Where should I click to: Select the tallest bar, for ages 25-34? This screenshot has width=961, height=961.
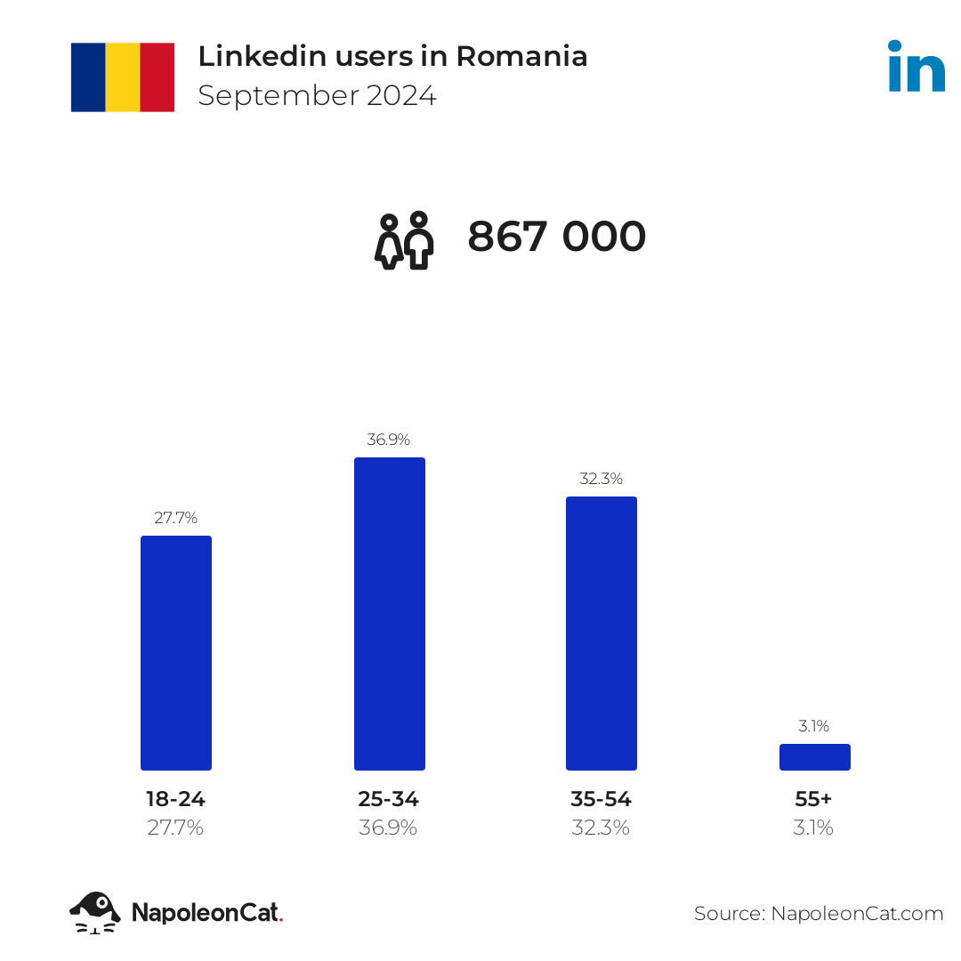389,613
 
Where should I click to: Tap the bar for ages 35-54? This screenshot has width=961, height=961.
602,633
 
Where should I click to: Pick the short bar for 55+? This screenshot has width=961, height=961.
814,757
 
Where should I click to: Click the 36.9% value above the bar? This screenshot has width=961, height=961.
389,440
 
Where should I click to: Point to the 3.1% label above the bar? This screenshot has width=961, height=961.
814,726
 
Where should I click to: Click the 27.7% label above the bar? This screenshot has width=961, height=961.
176,518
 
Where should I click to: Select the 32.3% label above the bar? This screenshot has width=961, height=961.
602,479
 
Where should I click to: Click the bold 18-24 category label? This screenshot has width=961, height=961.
176,799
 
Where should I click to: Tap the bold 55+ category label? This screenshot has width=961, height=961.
814,799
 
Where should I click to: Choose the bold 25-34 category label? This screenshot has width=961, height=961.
389,799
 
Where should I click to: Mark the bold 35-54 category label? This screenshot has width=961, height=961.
602,799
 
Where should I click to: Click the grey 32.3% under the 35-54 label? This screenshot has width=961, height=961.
602,828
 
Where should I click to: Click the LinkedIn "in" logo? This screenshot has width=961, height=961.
916,67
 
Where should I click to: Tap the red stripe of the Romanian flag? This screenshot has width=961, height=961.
157,77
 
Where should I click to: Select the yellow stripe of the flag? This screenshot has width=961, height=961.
123,77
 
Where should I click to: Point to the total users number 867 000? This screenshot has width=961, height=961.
557,238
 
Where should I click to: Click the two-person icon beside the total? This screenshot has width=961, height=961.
404,240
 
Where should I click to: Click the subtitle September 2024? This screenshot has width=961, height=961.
317,96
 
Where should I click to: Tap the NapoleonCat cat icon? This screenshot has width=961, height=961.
95,912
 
